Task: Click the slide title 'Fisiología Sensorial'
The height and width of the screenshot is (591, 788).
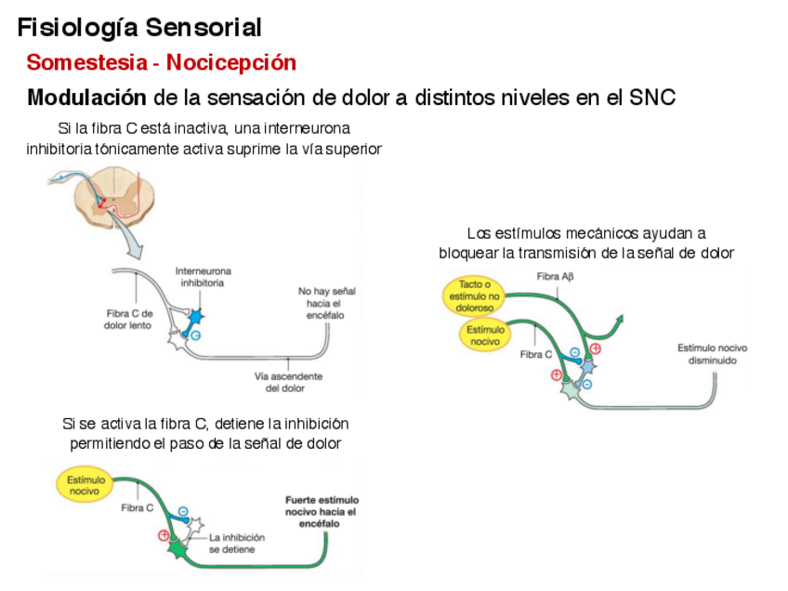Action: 139,28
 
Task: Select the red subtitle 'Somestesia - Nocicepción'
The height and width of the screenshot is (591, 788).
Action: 161,62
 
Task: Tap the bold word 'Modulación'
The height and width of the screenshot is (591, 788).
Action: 86,98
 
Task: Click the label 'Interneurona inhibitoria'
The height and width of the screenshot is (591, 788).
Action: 204,277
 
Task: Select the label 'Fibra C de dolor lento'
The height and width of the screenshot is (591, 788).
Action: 128,320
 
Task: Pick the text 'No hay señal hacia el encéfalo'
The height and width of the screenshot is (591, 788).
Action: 325,303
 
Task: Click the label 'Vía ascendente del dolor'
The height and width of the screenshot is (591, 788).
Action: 288,382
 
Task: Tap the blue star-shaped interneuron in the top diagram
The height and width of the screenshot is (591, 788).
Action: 194,317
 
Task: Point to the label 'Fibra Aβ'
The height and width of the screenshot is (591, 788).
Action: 556,276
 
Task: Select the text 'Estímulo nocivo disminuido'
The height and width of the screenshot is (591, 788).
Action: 712,354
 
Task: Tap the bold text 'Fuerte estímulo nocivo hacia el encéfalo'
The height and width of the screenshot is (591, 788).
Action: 321,511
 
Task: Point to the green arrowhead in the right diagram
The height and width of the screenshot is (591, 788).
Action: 615,321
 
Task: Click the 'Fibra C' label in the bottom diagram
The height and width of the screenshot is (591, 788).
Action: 138,508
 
